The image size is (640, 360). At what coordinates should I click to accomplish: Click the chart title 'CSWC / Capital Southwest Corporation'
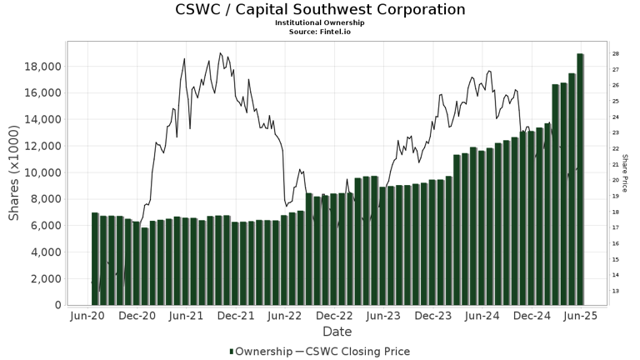click(320, 10)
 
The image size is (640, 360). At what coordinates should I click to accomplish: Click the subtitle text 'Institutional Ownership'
click(320, 22)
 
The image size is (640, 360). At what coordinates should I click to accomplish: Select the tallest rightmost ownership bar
click(580, 179)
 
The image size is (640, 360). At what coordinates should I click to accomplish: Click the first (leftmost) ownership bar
click(95, 258)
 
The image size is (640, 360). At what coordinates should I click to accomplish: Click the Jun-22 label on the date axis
click(285, 317)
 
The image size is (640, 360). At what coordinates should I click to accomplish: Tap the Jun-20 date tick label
click(87, 317)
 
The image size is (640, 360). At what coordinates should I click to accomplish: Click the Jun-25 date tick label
click(581, 317)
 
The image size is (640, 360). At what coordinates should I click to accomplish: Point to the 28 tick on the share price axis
click(614, 53)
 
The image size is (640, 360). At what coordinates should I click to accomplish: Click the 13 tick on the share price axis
click(614, 291)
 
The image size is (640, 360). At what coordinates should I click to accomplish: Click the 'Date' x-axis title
click(337, 332)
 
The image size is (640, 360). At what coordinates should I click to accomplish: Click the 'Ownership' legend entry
click(261, 352)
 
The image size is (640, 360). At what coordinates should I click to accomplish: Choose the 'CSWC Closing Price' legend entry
click(359, 352)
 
